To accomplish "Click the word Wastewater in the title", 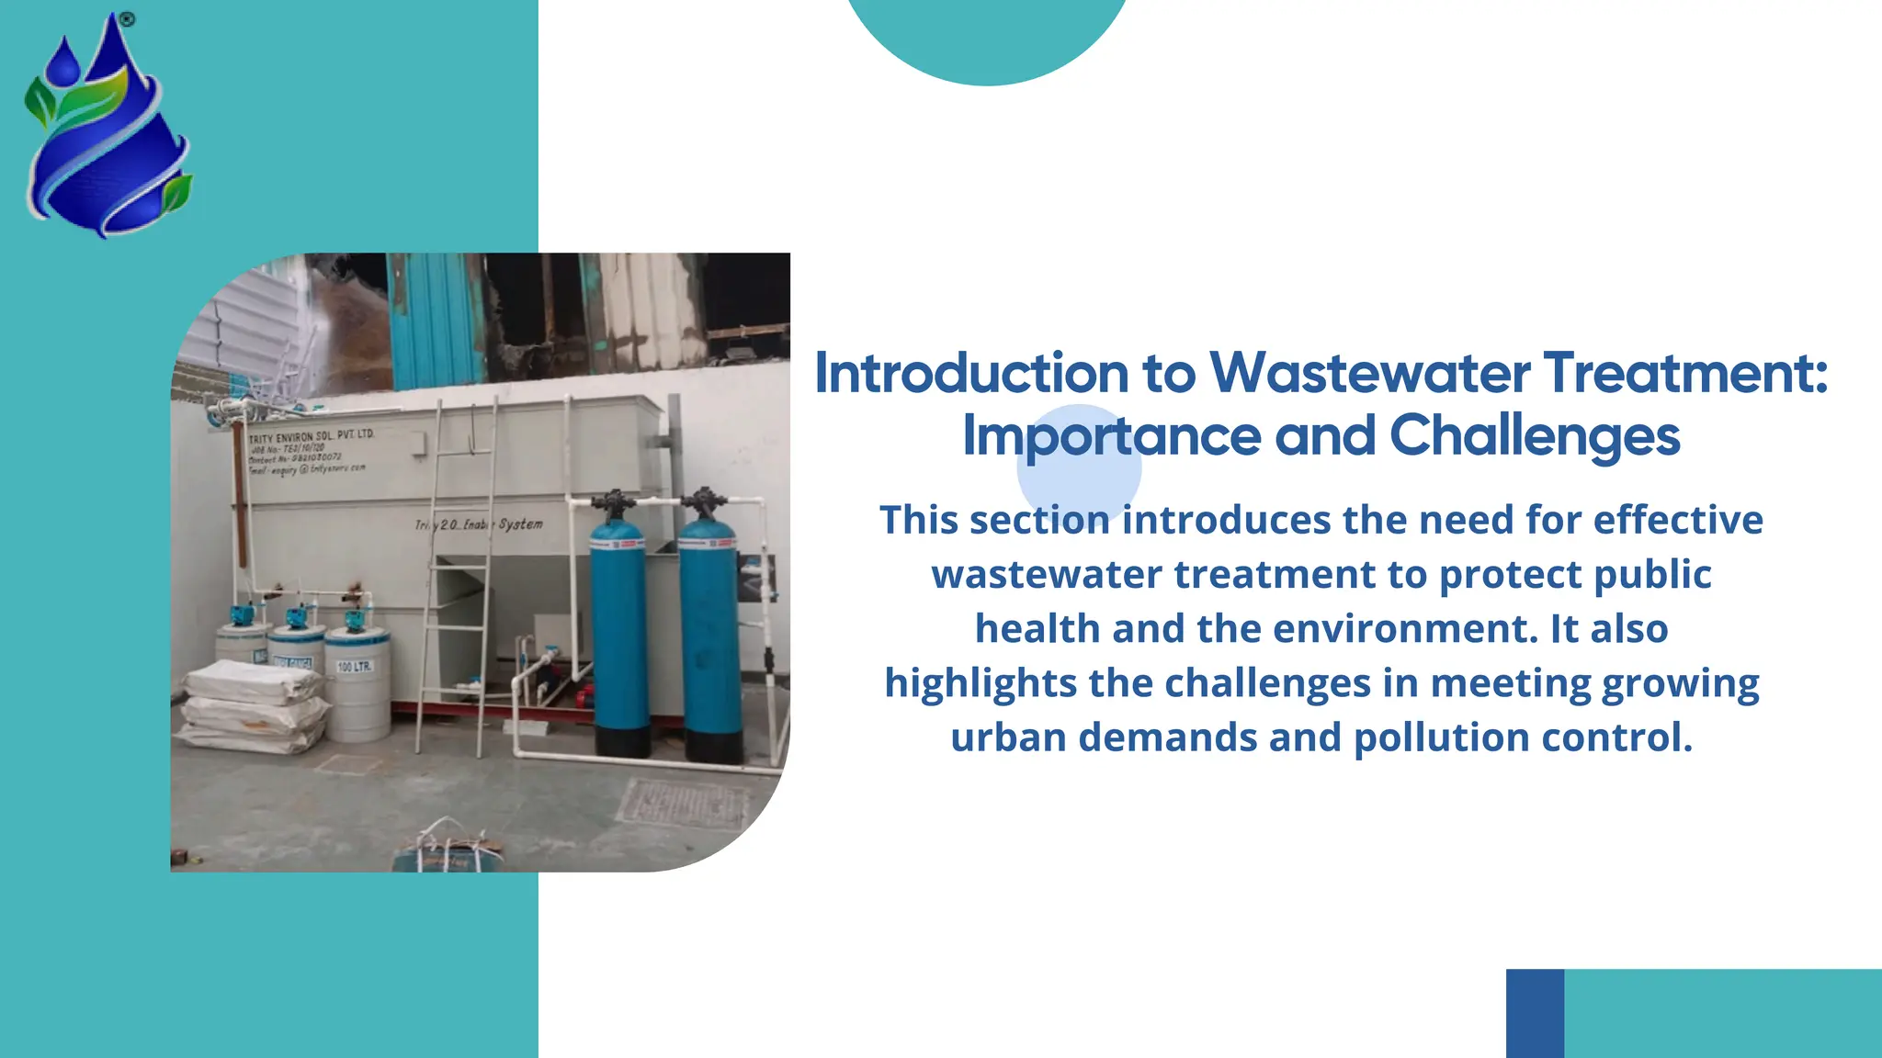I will pos(1369,374).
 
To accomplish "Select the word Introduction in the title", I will pos(971,374).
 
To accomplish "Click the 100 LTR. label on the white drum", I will pos(355,666).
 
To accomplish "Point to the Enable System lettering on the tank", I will pos(503,524).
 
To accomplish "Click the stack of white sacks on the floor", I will pos(254,707).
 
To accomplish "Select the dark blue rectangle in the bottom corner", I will pos(1535,1013).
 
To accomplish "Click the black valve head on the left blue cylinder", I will pos(614,503).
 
